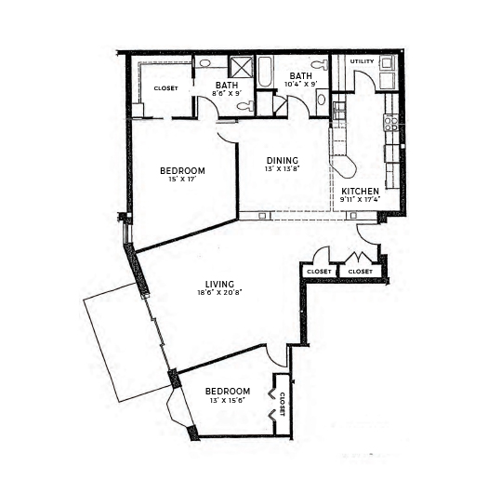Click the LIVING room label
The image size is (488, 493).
point(219,284)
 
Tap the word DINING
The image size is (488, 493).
point(283,160)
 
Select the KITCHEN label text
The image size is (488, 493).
point(360,192)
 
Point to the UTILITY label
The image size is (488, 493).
point(362,61)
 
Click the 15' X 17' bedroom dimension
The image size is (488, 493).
point(182,180)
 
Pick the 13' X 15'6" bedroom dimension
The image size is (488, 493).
point(228,400)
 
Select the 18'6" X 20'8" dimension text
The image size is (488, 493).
point(219,292)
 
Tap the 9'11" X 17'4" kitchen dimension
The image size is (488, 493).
point(360,199)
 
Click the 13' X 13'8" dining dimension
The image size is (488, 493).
point(283,168)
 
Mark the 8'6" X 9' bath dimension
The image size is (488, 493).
point(227,93)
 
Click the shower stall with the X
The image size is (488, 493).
point(241,66)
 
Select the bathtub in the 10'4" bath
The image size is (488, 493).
point(264,72)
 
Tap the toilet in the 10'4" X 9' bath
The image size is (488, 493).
point(319,65)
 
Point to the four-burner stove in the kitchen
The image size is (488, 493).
point(391,123)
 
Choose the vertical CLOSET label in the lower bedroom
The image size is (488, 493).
point(282,404)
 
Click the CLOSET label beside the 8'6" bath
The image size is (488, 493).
point(165,88)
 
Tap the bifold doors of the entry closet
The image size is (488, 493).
point(360,257)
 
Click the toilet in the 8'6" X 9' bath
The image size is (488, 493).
point(245,106)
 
